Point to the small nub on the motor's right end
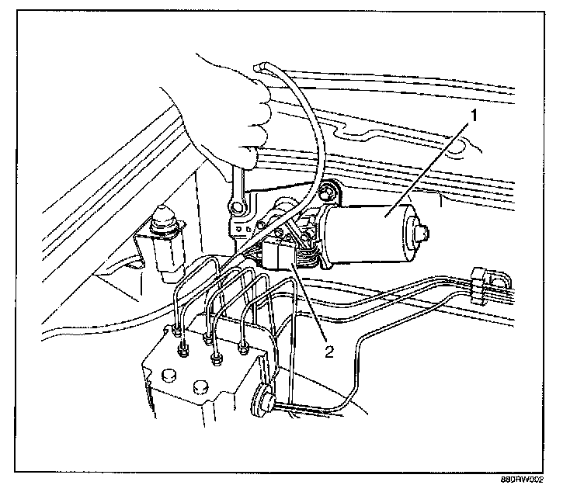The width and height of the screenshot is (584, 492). [x=423, y=230]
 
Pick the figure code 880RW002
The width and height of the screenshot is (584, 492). [x=535, y=482]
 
